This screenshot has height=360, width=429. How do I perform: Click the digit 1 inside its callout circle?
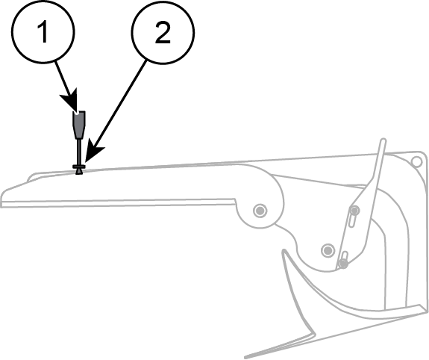pyautogui.click(x=43, y=32)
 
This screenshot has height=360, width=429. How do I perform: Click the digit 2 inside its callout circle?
pyautogui.click(x=163, y=33)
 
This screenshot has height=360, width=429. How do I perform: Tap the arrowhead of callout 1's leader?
pyautogui.click(x=71, y=101)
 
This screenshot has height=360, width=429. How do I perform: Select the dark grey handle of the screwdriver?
pyautogui.click(x=79, y=125)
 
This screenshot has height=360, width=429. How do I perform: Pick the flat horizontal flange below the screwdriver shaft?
pyautogui.click(x=79, y=167)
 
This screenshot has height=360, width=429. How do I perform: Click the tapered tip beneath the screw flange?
pyautogui.click(x=79, y=172)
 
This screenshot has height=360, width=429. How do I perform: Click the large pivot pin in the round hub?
pyautogui.click(x=260, y=211)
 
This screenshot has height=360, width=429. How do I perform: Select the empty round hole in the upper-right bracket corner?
pyautogui.click(x=416, y=161)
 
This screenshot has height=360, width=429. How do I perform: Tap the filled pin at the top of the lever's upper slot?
pyautogui.click(x=354, y=211)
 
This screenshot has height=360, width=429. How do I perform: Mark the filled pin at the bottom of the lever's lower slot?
pyautogui.click(x=342, y=264)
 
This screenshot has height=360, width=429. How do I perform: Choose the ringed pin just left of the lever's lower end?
pyautogui.click(x=328, y=250)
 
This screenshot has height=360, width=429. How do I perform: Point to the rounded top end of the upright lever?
pyautogui.click(x=383, y=140)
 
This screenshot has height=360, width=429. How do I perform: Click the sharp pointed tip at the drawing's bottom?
pyautogui.click(x=245, y=357)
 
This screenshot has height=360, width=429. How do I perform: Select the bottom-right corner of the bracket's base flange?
pyautogui.click(x=427, y=311)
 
